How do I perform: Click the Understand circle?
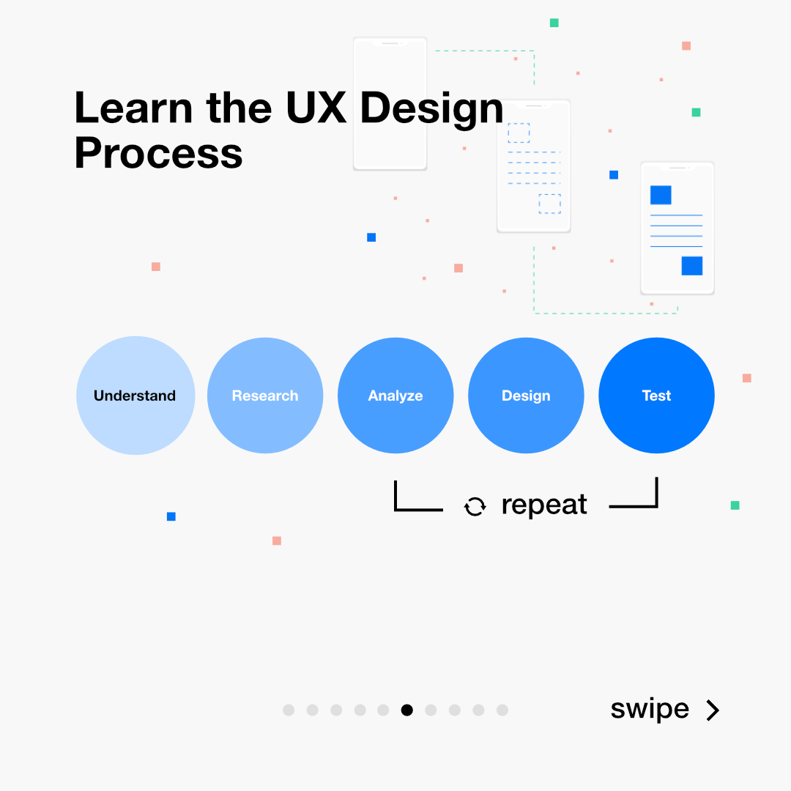(135, 395)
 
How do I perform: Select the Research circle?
(265, 395)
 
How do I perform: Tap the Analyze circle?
(395, 395)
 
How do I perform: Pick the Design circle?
(526, 395)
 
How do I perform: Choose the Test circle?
(656, 395)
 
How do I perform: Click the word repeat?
(544, 505)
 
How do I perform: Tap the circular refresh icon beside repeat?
(475, 506)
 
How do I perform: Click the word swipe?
(650, 709)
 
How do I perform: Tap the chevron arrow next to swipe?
(713, 710)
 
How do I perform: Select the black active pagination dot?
(407, 710)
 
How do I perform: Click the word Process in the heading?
(158, 154)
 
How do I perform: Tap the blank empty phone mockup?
(390, 104)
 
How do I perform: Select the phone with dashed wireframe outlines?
(533, 166)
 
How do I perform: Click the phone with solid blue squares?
(677, 228)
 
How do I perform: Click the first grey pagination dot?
(289, 710)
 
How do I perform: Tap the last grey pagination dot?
(502, 710)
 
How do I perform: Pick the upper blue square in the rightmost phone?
(661, 195)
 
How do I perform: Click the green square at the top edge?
(554, 23)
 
